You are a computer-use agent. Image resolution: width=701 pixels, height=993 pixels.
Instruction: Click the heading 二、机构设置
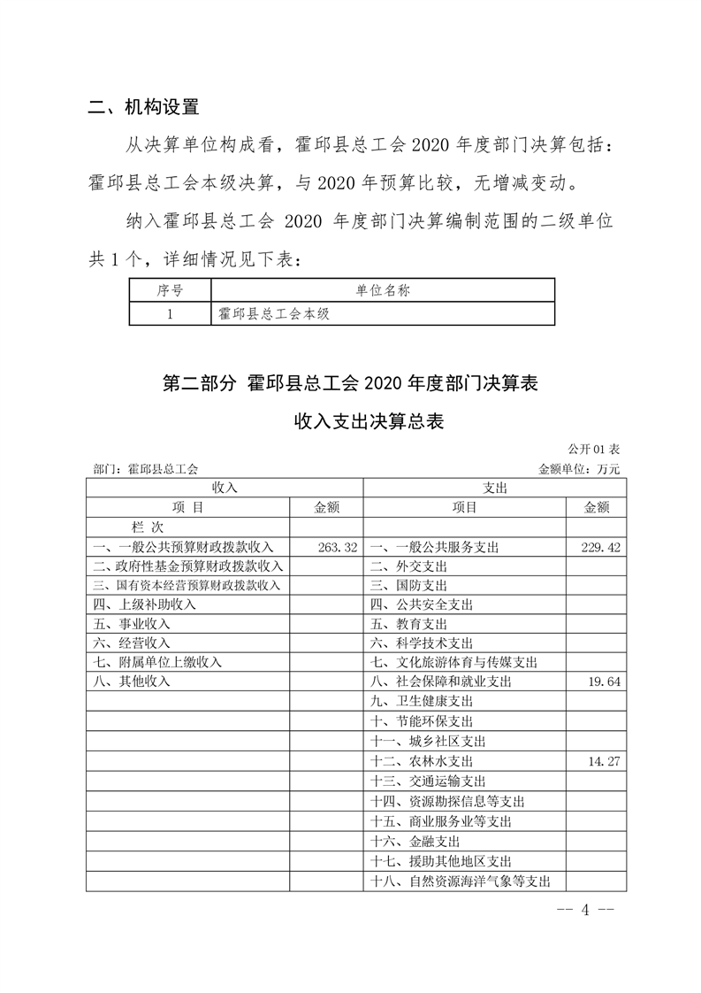tap(145, 108)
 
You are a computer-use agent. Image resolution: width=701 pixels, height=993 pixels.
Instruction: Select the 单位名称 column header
tap(382, 290)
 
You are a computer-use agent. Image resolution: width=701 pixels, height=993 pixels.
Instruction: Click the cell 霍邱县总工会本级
tap(273, 313)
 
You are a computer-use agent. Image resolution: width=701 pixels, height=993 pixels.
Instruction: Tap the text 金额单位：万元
tap(579, 469)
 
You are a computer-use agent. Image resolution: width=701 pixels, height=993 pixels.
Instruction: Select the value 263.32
tap(337, 548)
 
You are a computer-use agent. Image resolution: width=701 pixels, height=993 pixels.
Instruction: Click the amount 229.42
tap(600, 548)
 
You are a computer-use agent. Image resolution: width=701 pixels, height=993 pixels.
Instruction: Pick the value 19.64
tap(606, 682)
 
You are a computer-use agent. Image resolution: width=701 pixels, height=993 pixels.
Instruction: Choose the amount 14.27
tap(606, 760)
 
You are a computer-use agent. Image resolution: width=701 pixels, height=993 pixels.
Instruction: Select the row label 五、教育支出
tap(409, 624)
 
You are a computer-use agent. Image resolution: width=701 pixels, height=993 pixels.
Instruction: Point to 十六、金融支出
tap(415, 841)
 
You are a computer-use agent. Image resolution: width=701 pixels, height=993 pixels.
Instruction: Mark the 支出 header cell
tap(494, 488)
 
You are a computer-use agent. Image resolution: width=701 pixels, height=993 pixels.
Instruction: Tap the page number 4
tap(583, 912)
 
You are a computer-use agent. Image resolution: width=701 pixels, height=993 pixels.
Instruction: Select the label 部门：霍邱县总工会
tap(146, 469)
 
